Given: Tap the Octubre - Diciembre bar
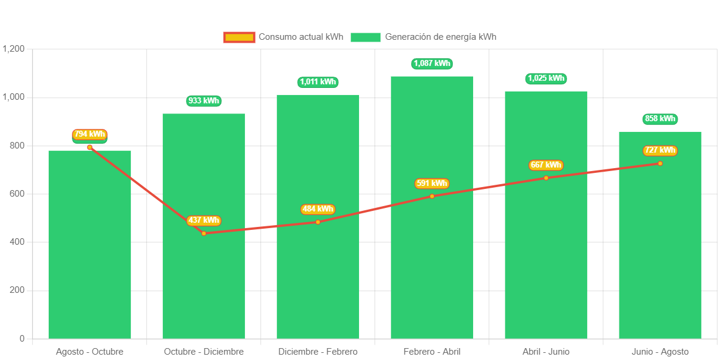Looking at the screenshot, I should [203, 285].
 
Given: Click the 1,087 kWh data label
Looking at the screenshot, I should [432, 63].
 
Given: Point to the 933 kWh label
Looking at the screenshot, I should [203, 100].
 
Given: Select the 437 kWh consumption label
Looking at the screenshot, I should [203, 220].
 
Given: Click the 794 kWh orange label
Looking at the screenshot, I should [89, 134].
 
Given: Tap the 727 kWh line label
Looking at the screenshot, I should [660, 150].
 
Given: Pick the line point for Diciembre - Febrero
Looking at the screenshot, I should [318, 222].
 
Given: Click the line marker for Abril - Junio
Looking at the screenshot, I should [546, 178].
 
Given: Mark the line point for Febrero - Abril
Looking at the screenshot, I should [432, 196].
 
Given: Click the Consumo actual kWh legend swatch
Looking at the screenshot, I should [239, 37].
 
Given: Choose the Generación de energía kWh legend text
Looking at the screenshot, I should [440, 37].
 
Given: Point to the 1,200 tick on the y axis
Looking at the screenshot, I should [13, 48].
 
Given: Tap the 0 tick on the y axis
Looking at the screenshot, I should [22, 338].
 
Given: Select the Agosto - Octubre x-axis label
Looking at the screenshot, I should [90, 352].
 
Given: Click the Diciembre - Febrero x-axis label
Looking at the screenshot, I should [318, 352].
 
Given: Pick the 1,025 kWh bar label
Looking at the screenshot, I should [546, 78].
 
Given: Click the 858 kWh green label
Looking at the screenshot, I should [660, 119].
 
